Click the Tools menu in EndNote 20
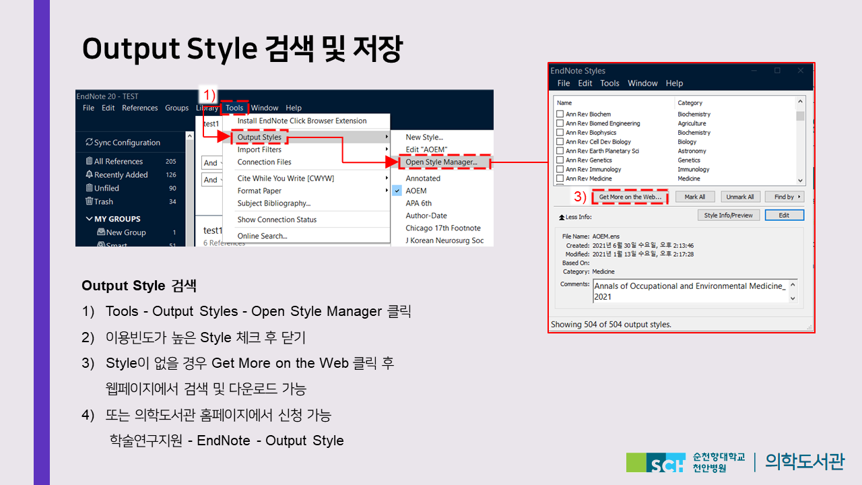tap(234, 108)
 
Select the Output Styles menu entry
tap(259, 137)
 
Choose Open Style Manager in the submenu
tap(441, 162)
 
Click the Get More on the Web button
tap(630, 197)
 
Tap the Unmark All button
tap(739, 197)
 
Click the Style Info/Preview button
tap(729, 215)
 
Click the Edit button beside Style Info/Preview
tap(784, 215)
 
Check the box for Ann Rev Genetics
tap(560, 160)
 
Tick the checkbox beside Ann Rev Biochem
tap(560, 114)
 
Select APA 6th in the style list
tap(418, 203)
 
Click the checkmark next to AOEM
tap(397, 191)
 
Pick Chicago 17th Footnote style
tap(443, 228)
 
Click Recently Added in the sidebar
tap(121, 174)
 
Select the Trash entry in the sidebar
tap(99, 201)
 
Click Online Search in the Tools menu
tap(262, 236)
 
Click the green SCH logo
tap(656, 462)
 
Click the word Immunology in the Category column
tap(693, 169)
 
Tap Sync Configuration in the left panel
tap(123, 142)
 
